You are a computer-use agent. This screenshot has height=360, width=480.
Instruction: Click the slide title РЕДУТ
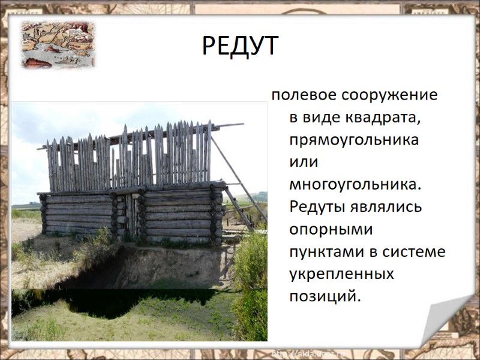click(240, 46)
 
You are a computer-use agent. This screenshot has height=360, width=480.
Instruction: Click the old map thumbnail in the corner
click(58, 44)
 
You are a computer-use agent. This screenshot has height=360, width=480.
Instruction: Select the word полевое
click(304, 95)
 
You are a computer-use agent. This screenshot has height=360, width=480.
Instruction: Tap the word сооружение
click(389, 95)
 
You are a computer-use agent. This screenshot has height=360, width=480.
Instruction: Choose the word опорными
click(331, 229)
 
